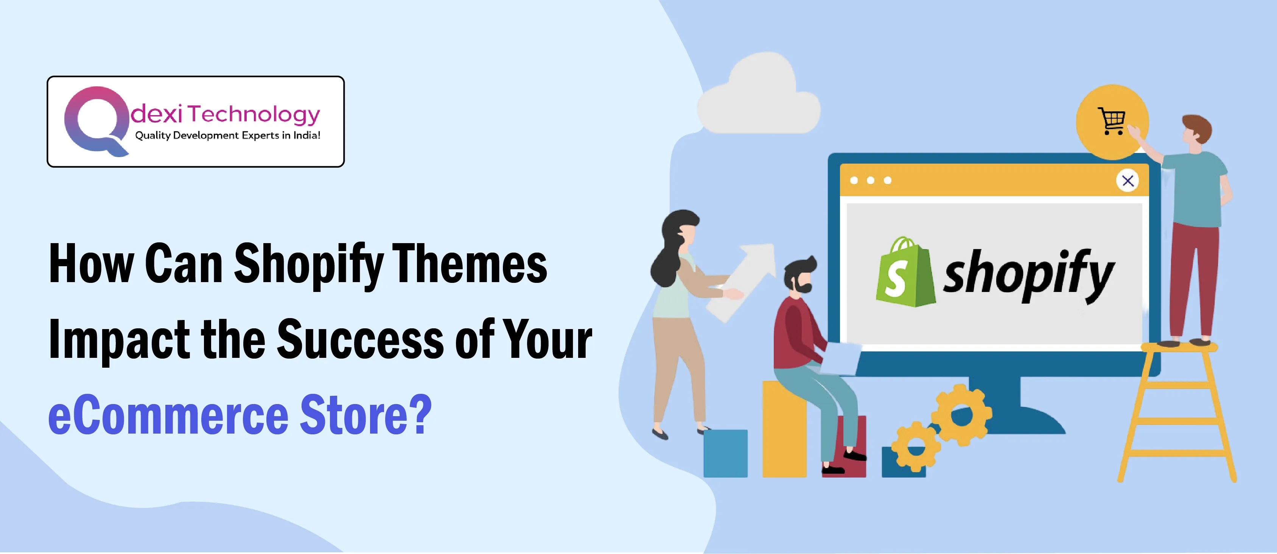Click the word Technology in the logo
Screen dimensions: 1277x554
pos(254,115)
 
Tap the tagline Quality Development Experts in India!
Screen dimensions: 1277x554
pos(227,136)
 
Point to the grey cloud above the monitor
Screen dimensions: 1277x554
pos(759,94)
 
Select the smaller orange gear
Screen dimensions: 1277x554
pos(916,447)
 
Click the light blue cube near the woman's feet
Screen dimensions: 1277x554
pos(725,453)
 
